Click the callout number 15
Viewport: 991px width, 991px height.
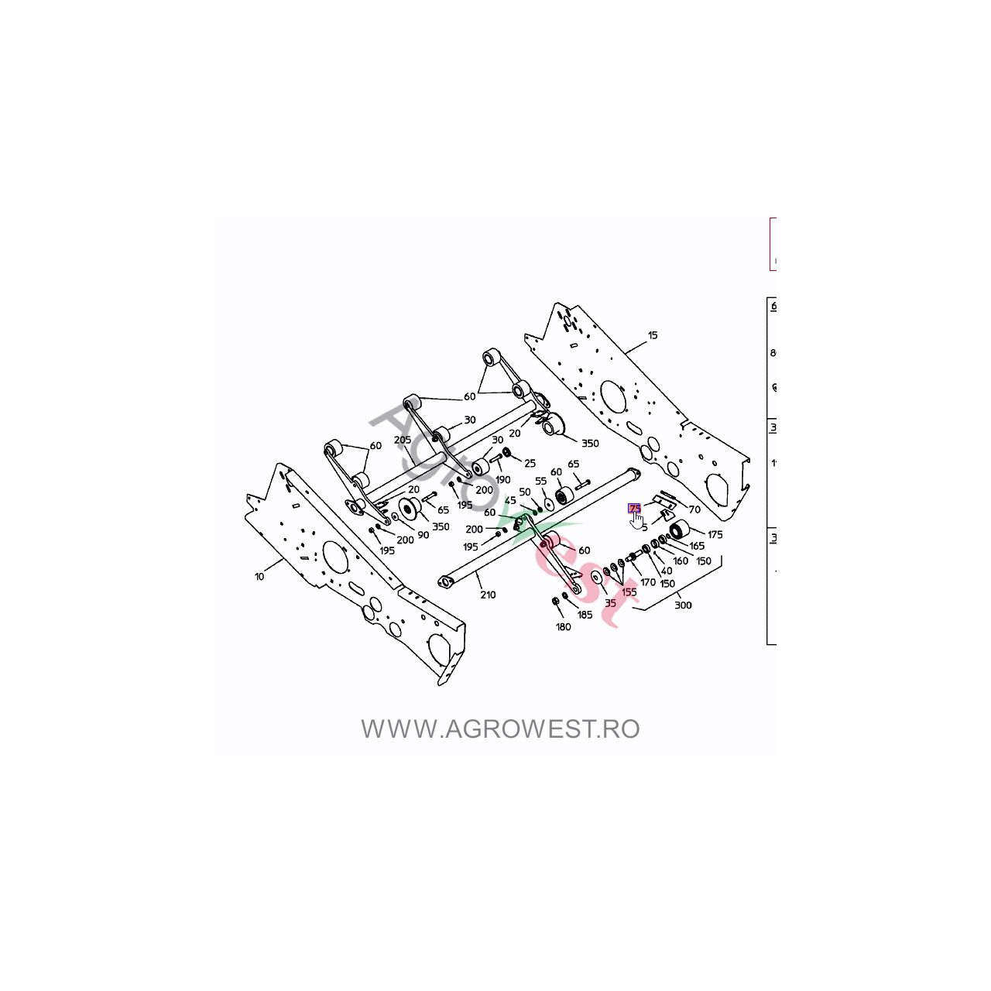653,335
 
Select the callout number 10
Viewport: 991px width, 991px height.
259,577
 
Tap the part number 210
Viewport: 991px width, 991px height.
488,595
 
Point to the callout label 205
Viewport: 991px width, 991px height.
402,440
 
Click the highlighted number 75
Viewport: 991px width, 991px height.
635,508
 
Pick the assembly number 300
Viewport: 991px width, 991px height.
683,605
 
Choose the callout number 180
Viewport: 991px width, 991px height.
563,626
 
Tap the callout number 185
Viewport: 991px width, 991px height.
585,615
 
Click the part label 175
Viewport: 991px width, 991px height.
715,534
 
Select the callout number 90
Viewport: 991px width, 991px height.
423,535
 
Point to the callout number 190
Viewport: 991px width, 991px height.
502,479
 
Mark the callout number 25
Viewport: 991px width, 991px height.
530,463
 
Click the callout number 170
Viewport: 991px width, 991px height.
648,582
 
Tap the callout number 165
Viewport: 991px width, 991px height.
697,546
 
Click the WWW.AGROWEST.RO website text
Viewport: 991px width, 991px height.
500,729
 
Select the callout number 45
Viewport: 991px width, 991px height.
510,501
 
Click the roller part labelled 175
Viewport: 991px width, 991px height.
680,530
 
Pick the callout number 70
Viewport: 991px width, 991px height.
694,509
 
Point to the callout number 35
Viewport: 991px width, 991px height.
610,602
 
